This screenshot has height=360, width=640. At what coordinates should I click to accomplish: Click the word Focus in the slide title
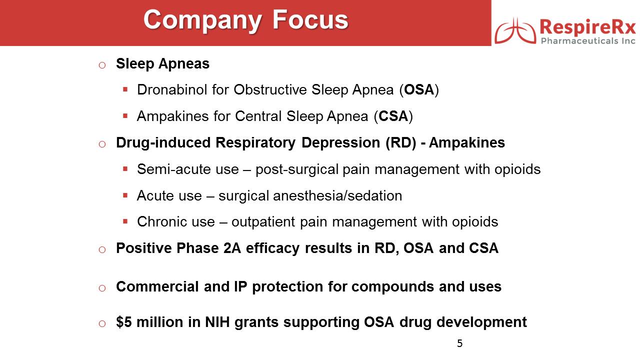[310, 19]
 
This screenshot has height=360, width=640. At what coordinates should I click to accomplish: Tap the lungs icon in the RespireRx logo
[515, 31]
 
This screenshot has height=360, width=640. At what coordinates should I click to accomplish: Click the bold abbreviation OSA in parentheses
[419, 89]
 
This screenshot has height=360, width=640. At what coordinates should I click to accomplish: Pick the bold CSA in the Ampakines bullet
[393, 116]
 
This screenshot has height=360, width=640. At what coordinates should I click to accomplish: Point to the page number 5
[459, 343]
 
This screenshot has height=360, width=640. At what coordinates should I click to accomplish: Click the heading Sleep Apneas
[162, 63]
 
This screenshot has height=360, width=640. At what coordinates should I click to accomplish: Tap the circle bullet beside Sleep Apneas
[102, 65]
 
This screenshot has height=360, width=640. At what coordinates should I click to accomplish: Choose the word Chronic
[175, 221]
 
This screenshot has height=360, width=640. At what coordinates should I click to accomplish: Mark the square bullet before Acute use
[125, 195]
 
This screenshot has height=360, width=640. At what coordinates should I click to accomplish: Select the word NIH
[217, 322]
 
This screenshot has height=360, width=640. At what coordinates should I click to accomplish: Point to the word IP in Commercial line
[240, 286]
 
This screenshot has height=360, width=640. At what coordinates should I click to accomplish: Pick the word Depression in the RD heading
[340, 142]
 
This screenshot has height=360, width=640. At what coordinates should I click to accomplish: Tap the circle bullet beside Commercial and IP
[102, 288]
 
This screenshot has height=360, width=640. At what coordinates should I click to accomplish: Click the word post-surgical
[297, 169]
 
